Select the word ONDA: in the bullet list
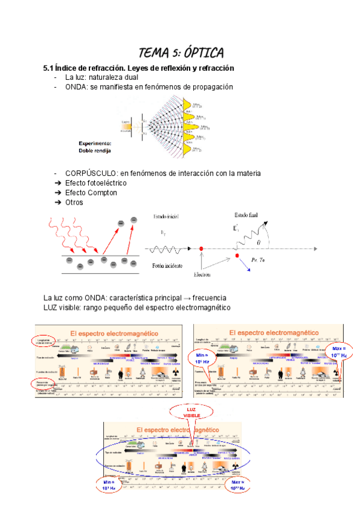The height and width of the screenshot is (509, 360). click(x=77, y=87)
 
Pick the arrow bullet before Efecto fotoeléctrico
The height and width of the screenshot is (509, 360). click(x=58, y=183)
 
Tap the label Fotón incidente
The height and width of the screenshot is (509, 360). click(x=167, y=265)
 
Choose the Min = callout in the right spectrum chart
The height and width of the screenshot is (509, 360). click(x=202, y=358)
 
